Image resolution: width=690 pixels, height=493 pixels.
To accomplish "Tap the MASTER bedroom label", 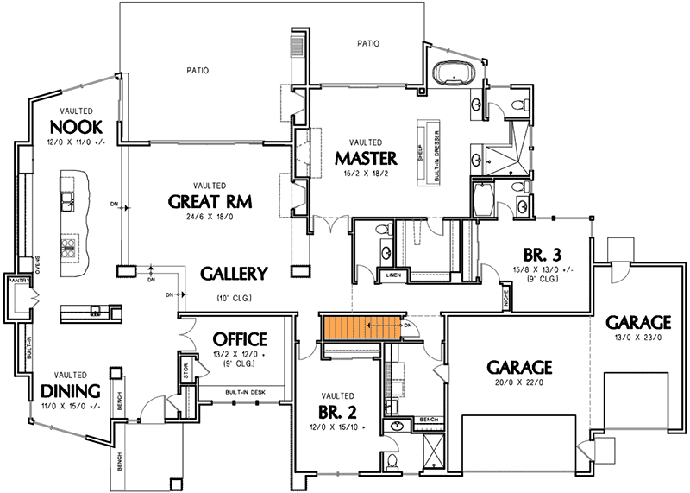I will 366,158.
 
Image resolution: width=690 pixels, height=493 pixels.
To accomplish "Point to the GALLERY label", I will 234,274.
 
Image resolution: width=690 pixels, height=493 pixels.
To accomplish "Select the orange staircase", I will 361,327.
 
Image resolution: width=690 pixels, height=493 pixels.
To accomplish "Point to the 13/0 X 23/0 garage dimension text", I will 633,338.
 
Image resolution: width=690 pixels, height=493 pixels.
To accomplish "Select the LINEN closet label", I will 393,275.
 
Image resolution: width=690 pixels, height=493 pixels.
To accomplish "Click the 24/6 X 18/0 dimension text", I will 210,218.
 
